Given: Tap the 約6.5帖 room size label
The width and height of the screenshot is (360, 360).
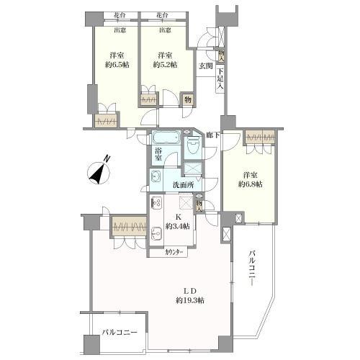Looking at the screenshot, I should [x=116, y=64].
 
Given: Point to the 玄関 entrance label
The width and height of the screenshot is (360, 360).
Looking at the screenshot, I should [x=206, y=66].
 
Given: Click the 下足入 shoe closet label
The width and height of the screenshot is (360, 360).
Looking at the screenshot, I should [x=220, y=77].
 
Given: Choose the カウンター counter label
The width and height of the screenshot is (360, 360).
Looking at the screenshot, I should [x=175, y=251].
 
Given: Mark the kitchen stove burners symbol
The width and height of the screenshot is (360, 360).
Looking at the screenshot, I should [x=157, y=202].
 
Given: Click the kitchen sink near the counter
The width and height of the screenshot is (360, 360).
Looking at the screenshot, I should [x=157, y=232].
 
